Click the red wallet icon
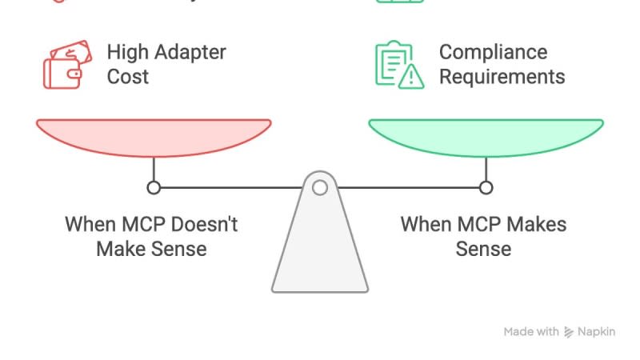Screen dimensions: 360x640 (62, 66)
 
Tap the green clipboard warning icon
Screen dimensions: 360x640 (398, 65)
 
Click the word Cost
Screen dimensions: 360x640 (128, 78)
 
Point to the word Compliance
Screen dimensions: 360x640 (493, 53)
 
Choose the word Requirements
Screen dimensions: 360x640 (502, 78)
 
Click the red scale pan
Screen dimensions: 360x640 (154, 136)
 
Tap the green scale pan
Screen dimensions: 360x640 (486, 136)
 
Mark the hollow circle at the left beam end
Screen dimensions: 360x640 (154, 188)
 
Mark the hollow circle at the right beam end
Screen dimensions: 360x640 (486, 188)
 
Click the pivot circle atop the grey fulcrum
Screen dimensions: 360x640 (320, 188)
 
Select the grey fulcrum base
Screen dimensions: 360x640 (320, 248)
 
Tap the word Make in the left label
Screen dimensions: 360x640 (119, 249)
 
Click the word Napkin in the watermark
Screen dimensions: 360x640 (598, 332)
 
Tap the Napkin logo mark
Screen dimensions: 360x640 (570, 332)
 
